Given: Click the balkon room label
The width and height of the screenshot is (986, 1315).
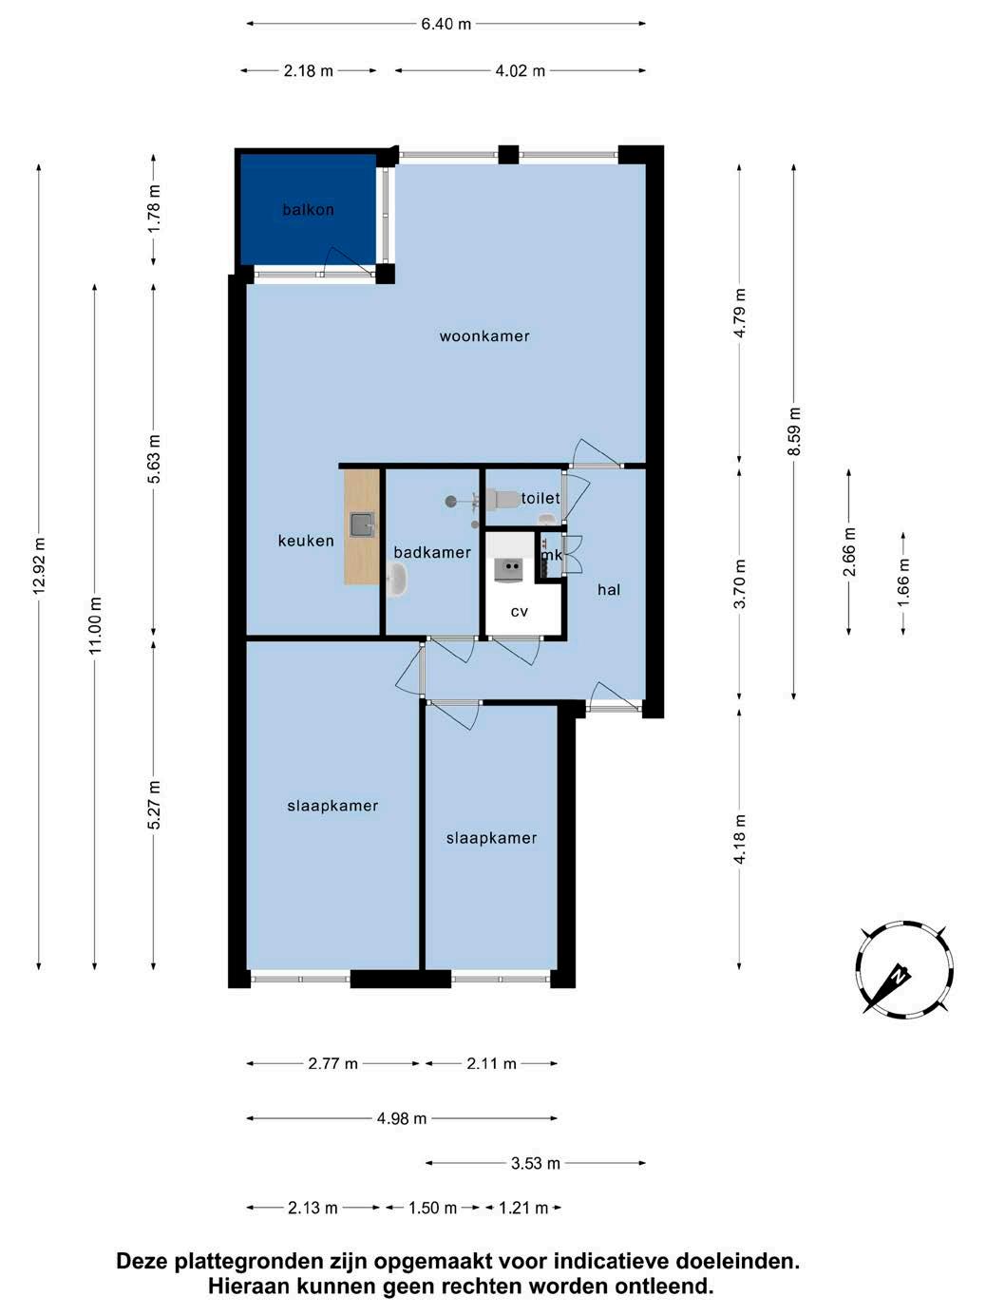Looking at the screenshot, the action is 308,210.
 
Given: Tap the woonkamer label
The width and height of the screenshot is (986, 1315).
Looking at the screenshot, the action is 484,336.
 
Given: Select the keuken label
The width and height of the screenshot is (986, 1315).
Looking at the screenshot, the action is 306,541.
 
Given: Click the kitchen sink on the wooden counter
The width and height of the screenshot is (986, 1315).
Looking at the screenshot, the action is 362,524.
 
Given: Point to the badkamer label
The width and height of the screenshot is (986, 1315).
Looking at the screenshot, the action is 432,552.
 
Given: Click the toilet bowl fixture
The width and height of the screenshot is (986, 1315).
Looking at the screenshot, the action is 502,499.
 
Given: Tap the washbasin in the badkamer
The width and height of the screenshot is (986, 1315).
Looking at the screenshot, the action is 397,580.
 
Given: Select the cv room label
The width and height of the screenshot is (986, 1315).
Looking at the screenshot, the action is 519,612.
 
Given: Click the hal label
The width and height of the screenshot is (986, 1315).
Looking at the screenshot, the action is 609,589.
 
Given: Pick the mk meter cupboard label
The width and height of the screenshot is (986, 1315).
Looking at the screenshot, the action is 552,555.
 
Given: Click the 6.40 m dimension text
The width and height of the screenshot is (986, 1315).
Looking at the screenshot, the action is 446,24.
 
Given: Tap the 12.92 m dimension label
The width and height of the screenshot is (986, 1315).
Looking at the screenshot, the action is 39,566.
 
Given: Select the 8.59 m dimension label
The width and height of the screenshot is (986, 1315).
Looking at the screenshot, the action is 794,431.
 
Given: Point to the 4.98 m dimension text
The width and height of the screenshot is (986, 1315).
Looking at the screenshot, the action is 401,1118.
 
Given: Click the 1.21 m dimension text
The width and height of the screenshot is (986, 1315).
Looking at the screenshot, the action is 523,1208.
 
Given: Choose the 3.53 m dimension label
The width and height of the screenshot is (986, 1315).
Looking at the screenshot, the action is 535,1163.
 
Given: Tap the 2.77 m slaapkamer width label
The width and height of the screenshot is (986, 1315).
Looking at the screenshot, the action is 332,1063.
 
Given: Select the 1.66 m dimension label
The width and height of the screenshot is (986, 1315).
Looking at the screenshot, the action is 902,582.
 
